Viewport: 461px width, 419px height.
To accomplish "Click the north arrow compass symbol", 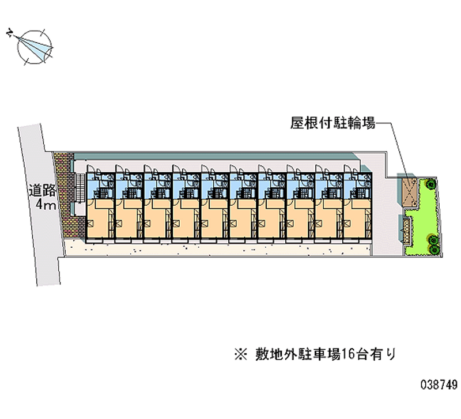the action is coord(34,47).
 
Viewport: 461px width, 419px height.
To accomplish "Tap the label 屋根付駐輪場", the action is coord(333,123).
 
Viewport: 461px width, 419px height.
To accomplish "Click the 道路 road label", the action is coord(42,191).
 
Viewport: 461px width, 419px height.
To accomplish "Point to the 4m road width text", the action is coord(46,205).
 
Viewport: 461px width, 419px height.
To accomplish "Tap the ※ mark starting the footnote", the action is coord(241,354).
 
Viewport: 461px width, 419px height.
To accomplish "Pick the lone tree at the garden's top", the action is coord(430,184).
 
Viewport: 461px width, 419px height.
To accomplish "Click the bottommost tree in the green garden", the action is coord(434,250).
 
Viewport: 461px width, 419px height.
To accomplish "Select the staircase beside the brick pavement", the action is coord(80,188).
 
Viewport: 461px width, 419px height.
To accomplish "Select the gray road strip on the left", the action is coord(40,205).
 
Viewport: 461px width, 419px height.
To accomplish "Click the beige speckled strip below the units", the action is coord(218,248).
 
